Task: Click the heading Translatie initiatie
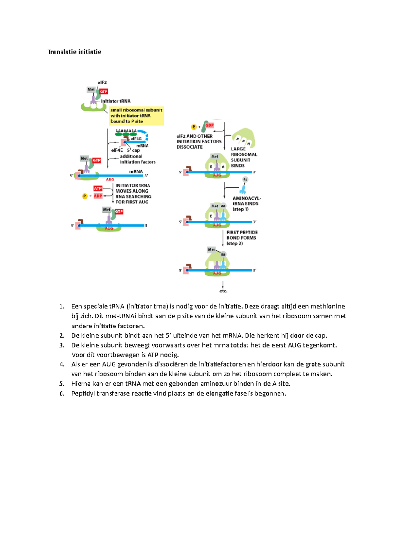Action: [x=74, y=52]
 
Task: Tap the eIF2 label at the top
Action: [x=102, y=83]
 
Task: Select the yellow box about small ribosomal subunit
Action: [x=136, y=116]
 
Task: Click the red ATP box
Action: [x=98, y=188]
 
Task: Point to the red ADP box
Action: [x=98, y=196]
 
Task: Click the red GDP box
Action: [x=210, y=125]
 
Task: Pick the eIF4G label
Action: [x=136, y=139]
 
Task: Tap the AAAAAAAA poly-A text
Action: [x=126, y=131]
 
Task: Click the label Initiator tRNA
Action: [x=115, y=101]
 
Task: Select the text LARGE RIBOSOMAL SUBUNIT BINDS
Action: [x=244, y=157]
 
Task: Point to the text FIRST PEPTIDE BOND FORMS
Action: [x=242, y=238]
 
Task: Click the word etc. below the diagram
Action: [x=223, y=291]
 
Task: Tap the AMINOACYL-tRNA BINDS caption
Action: [x=247, y=203]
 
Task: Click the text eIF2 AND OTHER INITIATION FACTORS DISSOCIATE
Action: [x=199, y=141]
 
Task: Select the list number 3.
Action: [x=62, y=345]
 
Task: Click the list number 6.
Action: [x=62, y=393]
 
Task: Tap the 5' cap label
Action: [x=133, y=150]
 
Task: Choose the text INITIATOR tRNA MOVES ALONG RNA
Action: [x=133, y=194]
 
